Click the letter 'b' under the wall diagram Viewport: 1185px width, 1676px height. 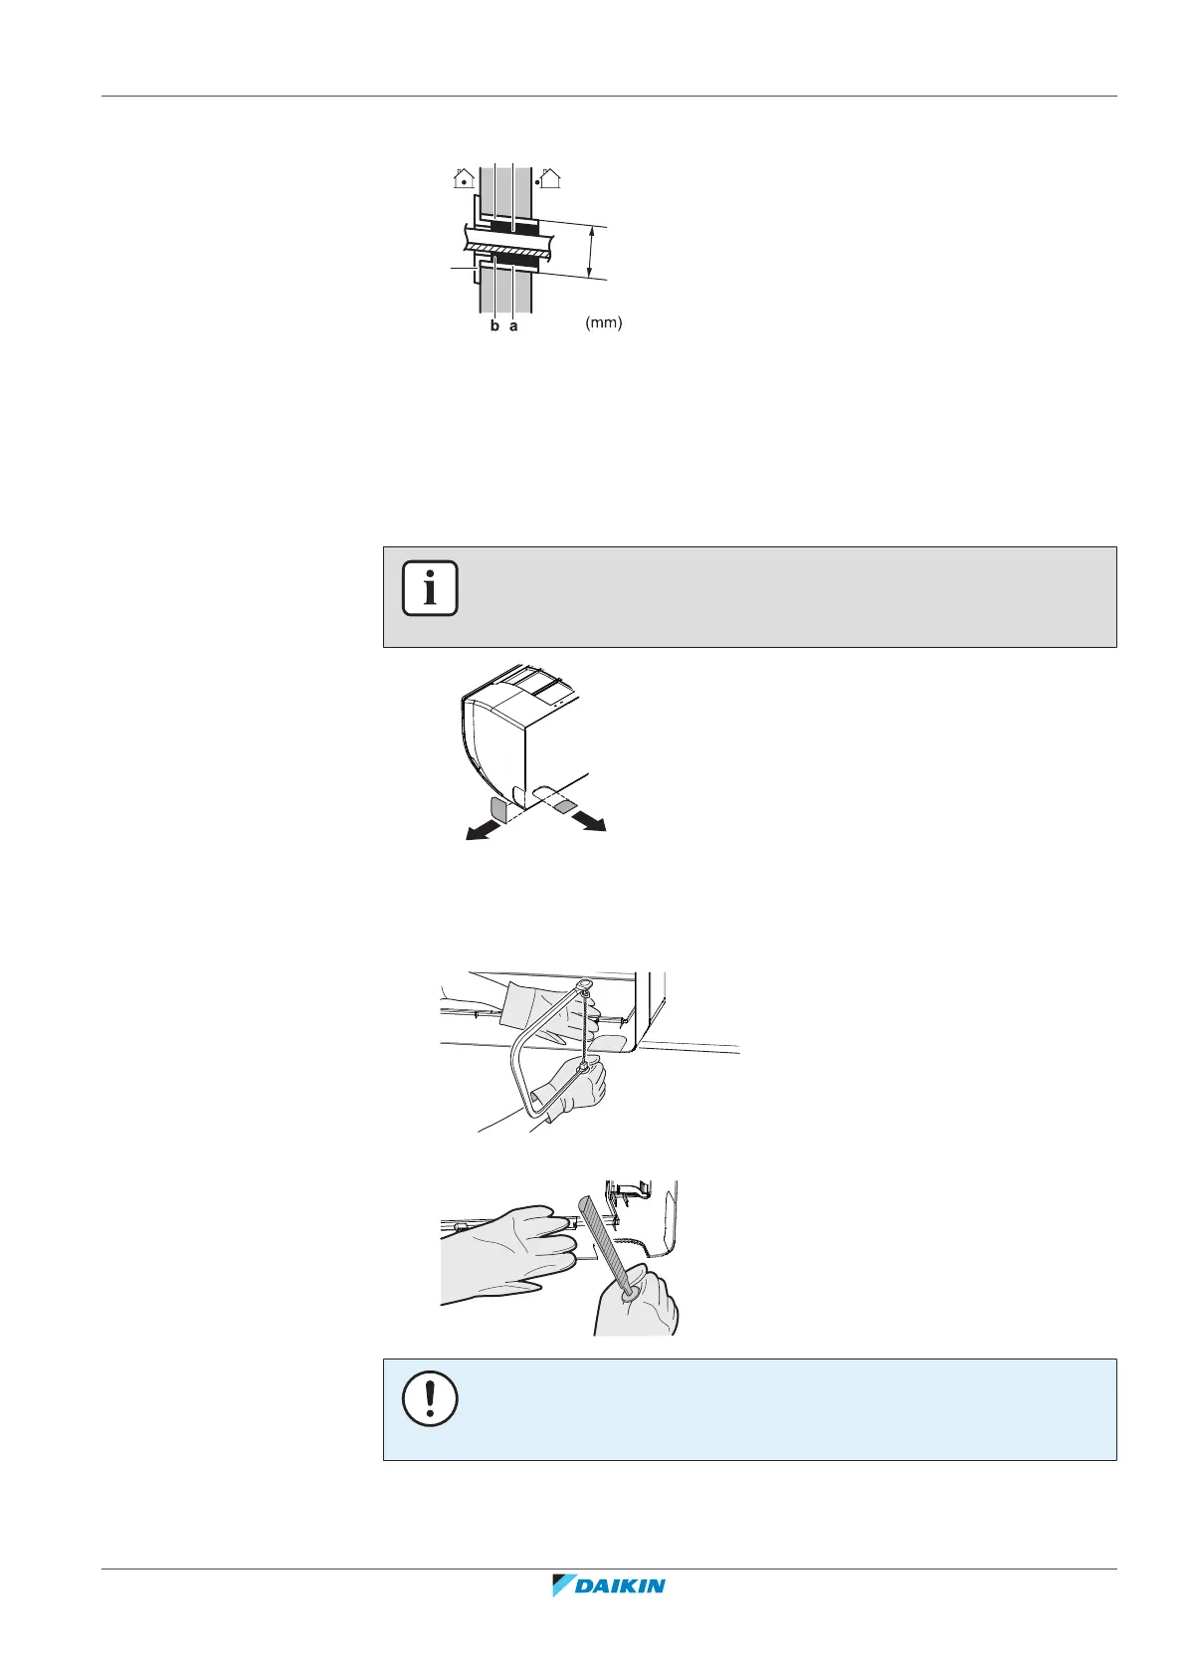click(494, 325)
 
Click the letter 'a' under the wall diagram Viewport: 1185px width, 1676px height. click(513, 325)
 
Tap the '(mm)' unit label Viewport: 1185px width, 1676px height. click(603, 323)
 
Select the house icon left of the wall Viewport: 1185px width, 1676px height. click(464, 179)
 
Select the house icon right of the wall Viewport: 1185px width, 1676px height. click(548, 179)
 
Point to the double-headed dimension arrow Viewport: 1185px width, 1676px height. click(592, 251)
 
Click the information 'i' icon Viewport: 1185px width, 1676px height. click(430, 588)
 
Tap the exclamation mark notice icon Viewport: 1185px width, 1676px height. click(430, 1400)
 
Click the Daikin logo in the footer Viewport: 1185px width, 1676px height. click(608, 1585)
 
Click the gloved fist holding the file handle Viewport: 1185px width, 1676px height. click(637, 1305)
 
